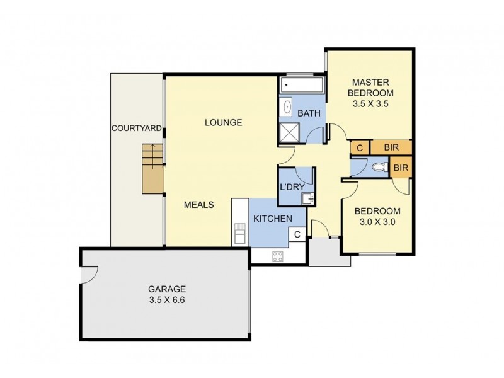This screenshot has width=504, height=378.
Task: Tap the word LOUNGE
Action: [x=223, y=122]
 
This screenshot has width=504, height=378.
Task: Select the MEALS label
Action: [x=199, y=205]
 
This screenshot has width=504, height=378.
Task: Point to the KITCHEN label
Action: [x=272, y=219]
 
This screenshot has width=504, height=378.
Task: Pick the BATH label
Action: [x=309, y=113]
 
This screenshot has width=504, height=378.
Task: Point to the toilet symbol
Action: [x=379, y=168]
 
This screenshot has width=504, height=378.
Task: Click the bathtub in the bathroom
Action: [x=302, y=86]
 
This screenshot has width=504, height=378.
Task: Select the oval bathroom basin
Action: [x=287, y=106]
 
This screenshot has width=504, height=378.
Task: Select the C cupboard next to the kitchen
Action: [x=297, y=235]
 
